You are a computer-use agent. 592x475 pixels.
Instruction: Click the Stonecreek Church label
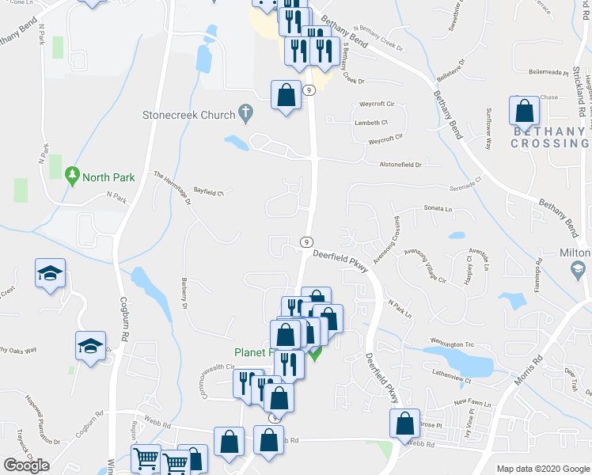click(x=188, y=115)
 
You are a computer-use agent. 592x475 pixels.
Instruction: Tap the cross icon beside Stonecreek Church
click(x=246, y=114)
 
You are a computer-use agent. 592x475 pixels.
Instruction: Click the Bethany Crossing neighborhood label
click(x=550, y=137)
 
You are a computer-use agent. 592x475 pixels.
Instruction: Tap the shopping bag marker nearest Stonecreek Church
click(x=286, y=96)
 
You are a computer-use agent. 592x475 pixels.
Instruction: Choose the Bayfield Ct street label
click(x=210, y=191)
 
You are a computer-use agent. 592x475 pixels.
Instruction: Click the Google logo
click(x=26, y=465)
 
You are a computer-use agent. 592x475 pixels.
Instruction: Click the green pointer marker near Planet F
click(x=314, y=355)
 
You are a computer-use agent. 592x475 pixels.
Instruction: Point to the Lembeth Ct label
click(x=371, y=123)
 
